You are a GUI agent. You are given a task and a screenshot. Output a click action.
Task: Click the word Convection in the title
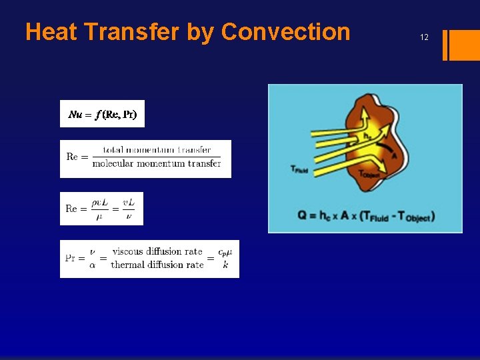pos(285,32)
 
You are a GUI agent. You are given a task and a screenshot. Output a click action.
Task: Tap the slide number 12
pos(424,38)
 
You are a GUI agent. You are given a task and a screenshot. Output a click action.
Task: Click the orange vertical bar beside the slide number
pos(446,45)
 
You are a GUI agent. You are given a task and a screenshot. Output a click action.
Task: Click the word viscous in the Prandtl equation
pos(127,251)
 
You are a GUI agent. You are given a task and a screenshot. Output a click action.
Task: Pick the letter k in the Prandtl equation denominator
pos(225,265)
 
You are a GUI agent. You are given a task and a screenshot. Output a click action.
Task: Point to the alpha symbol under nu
pos(92,265)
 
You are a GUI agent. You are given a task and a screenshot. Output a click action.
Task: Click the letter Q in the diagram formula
pos(303,216)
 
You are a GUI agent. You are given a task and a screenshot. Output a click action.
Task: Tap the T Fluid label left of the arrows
pos(299,169)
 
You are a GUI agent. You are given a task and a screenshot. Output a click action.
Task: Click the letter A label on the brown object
pos(394,155)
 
